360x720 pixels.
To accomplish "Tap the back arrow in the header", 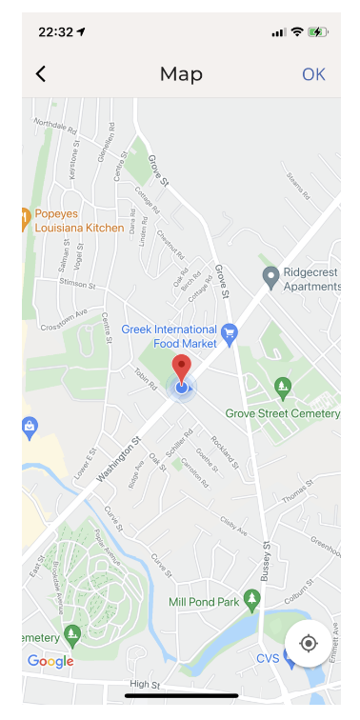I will [x=40, y=74].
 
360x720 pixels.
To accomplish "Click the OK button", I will [x=313, y=74].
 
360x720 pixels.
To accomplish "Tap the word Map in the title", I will [x=181, y=74].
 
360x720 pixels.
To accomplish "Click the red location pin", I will [x=181, y=367].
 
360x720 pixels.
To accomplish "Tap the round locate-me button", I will [x=309, y=643].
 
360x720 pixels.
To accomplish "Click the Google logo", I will [x=50, y=661].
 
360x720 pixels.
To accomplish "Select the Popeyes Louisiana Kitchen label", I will [x=79, y=221].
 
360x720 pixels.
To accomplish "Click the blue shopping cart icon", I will [x=230, y=332].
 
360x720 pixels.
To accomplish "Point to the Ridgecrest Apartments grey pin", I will [x=270, y=275].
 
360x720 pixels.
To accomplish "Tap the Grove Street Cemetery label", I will [x=282, y=413].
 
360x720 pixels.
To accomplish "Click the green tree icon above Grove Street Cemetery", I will [x=282, y=386].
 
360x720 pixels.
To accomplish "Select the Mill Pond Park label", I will [x=204, y=602].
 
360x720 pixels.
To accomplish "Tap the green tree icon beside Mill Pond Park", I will [x=251, y=600].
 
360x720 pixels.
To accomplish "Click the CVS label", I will [x=268, y=658].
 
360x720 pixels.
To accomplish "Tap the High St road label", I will [x=145, y=684].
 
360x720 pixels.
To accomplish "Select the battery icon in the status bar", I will [x=318, y=31].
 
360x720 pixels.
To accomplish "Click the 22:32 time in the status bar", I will [x=55, y=31].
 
